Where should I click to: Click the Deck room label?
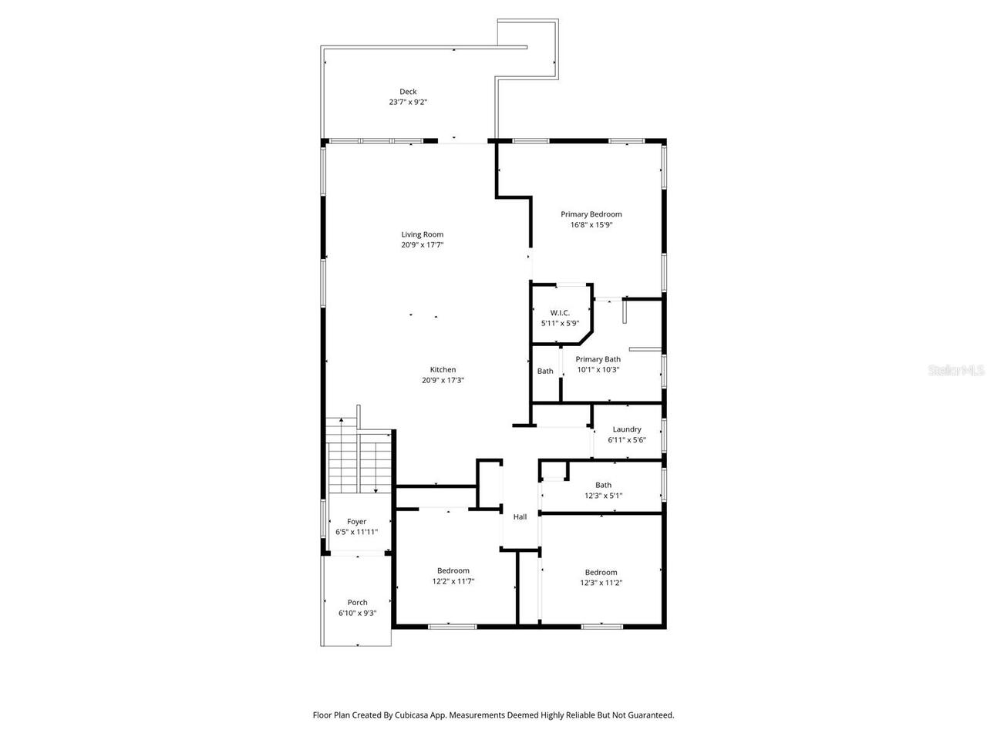coord(408,92)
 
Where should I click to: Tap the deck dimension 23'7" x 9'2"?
coord(408,102)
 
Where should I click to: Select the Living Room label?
coord(422,234)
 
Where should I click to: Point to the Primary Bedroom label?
coord(591,214)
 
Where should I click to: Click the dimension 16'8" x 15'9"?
coord(591,225)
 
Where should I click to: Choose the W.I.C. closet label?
coord(560,312)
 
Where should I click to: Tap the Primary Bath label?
coord(598,359)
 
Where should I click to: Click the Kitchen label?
coord(443,370)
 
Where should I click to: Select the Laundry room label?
coord(627,429)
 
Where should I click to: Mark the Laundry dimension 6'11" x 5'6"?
coord(627,440)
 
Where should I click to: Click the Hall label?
coord(520,516)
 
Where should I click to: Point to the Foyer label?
coord(356,522)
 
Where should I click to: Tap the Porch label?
coord(357,603)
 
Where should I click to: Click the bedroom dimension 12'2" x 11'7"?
coord(453,582)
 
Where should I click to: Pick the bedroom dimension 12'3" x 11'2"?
coord(601,583)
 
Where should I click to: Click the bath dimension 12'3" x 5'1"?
coord(603,496)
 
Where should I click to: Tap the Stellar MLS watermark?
coord(956,371)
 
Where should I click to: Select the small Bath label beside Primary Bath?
coord(545,372)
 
